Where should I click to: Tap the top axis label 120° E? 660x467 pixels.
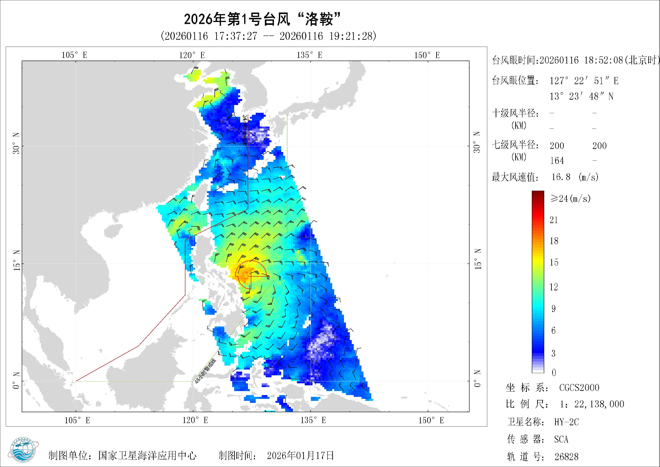(x=192, y=55)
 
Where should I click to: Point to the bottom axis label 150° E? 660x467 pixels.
(x=431, y=420)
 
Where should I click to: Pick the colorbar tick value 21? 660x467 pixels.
(x=554, y=220)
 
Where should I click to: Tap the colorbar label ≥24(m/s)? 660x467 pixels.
(x=570, y=198)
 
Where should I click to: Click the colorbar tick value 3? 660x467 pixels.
(x=553, y=353)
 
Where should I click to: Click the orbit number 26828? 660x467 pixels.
(x=566, y=456)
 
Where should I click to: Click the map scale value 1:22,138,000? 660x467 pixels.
(x=592, y=404)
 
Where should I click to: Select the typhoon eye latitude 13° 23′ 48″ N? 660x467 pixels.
(x=581, y=96)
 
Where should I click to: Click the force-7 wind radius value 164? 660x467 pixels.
(x=557, y=160)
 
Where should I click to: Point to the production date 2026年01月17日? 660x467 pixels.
(x=300, y=455)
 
